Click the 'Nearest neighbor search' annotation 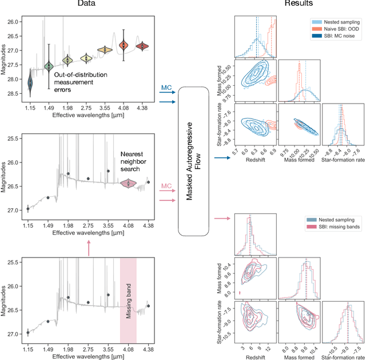[134, 162]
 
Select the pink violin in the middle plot [129, 183]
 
